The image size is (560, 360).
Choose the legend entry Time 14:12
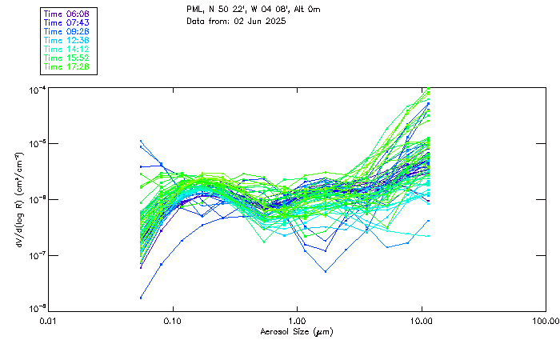[x=66, y=50]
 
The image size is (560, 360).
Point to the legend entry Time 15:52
[x=66, y=58]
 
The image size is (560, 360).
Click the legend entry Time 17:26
[x=66, y=67]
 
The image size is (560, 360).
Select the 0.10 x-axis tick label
[x=173, y=321]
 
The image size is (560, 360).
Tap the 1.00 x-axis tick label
[x=297, y=321]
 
